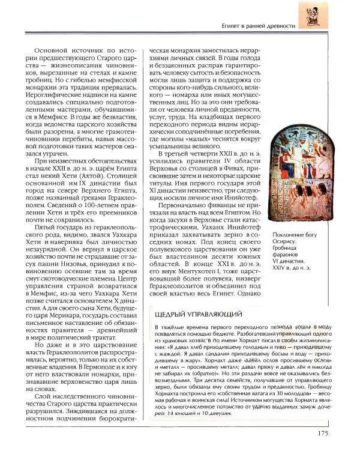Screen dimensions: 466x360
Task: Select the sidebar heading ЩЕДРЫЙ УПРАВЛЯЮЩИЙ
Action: [199, 315]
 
